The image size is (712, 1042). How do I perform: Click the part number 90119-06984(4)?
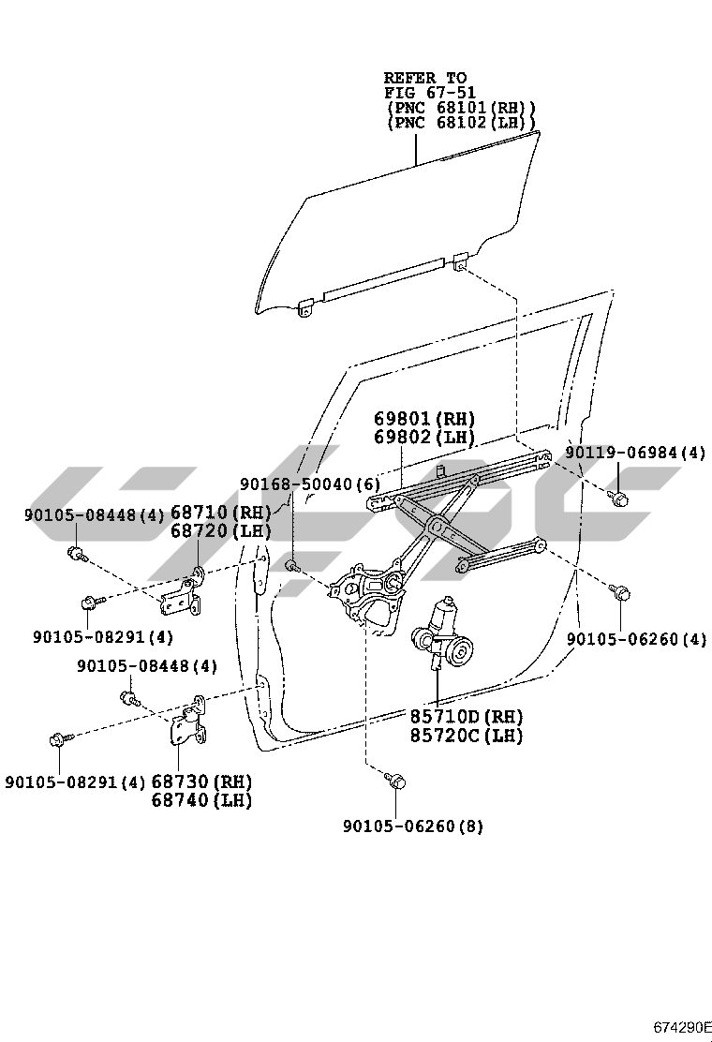635,454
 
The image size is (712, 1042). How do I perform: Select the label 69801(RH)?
425,419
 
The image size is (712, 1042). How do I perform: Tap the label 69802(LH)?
425,438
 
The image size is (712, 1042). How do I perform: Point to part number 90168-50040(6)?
310,484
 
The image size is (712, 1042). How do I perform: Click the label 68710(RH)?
220,513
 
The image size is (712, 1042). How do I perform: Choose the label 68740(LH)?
201,800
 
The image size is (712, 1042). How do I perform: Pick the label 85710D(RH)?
466,717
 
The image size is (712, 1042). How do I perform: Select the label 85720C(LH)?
466,736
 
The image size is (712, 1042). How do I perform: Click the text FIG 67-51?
429,93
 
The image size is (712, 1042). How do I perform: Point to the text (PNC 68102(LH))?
461,123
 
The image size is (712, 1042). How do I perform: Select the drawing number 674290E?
683,1026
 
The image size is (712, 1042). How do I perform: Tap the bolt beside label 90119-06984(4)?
617,497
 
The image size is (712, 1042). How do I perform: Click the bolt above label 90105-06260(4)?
619,592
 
